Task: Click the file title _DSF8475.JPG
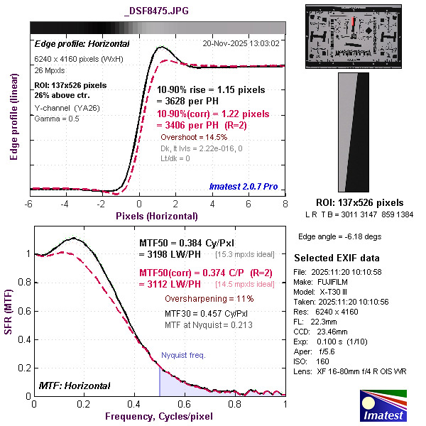click(157, 11)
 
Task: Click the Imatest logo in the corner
click(384, 406)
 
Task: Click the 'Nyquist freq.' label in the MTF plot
click(183, 354)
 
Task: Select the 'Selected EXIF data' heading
click(337, 257)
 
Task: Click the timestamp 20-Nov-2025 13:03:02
click(241, 43)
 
